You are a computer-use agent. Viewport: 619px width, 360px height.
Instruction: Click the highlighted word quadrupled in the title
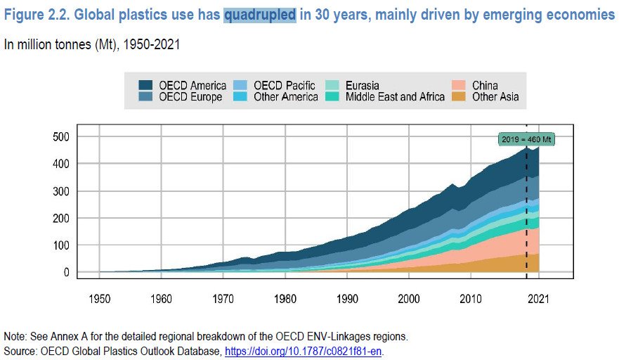click(x=260, y=15)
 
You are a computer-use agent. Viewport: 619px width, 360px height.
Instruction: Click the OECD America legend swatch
click(x=145, y=86)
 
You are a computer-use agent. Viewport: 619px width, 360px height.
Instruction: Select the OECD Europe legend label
click(x=191, y=97)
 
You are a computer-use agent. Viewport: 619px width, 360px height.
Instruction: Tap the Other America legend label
click(x=285, y=97)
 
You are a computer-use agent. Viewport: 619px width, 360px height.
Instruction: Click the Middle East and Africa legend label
click(x=395, y=97)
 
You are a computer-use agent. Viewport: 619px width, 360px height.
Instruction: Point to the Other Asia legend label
click(x=495, y=97)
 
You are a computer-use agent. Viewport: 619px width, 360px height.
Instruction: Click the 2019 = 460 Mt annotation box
click(x=526, y=140)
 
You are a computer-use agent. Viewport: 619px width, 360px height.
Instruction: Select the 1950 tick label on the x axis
click(x=100, y=299)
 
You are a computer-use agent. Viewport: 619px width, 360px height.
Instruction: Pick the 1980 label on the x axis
click(x=285, y=299)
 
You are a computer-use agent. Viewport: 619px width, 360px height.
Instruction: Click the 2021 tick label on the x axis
click(x=539, y=299)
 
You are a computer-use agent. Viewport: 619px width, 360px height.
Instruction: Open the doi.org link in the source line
click(x=304, y=349)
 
